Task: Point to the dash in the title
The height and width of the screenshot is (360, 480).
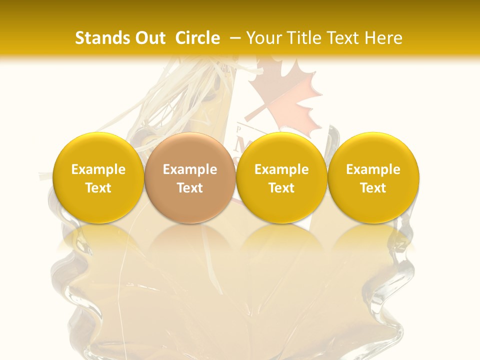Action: tap(236, 38)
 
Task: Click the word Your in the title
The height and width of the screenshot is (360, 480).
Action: tap(263, 38)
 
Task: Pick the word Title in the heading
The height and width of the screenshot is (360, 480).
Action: tap(304, 38)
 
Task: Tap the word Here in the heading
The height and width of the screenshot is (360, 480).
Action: tap(382, 38)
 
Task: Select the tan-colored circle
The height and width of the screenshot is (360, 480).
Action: tap(190, 178)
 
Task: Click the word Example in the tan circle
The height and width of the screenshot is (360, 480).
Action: tap(190, 169)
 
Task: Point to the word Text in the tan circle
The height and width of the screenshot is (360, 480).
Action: tap(190, 188)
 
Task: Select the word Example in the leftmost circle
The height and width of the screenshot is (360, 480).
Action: tap(98, 169)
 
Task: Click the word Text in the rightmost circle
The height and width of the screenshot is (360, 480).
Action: tap(373, 188)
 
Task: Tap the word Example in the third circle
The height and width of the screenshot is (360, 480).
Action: tap(281, 169)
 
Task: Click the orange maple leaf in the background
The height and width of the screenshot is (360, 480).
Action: tap(283, 95)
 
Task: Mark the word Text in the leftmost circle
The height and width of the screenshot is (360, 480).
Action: tap(98, 188)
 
